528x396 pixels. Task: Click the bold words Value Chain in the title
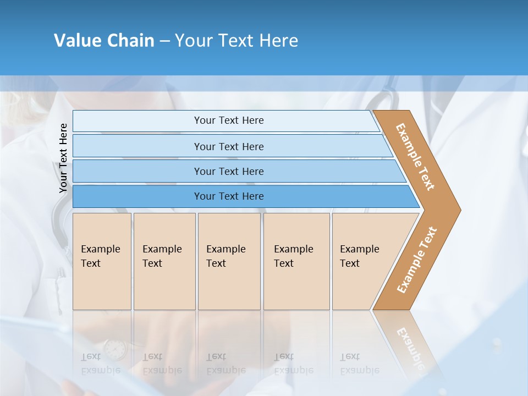click(x=104, y=41)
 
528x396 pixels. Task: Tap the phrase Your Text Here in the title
click(x=237, y=41)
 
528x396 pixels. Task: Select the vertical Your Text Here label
click(x=63, y=158)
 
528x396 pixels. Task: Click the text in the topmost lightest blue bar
click(x=229, y=120)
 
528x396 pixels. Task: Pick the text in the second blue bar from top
click(x=229, y=146)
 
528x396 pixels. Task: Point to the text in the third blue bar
click(x=229, y=171)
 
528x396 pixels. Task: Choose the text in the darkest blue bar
click(x=229, y=196)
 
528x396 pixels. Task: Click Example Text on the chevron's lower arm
click(x=417, y=260)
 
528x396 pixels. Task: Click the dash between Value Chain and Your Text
click(x=164, y=41)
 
